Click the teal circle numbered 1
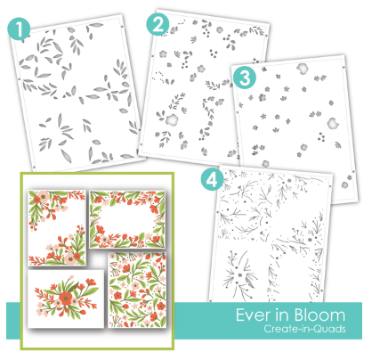pos(19,29)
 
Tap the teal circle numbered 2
pos(158,24)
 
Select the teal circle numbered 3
pos(245,78)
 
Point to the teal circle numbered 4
pos(213,179)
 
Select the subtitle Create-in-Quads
pos(304,329)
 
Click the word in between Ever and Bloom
pos(282,315)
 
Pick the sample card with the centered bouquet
pos(66,299)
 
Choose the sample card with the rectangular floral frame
pos(127,219)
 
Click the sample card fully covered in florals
pos(137,290)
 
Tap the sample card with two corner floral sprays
pos(57,228)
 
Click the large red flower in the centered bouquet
pos(65,297)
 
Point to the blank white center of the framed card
pos(127,219)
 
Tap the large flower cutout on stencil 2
pos(171,119)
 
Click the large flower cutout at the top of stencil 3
pos(303,69)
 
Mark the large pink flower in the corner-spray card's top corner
pos(44,196)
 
